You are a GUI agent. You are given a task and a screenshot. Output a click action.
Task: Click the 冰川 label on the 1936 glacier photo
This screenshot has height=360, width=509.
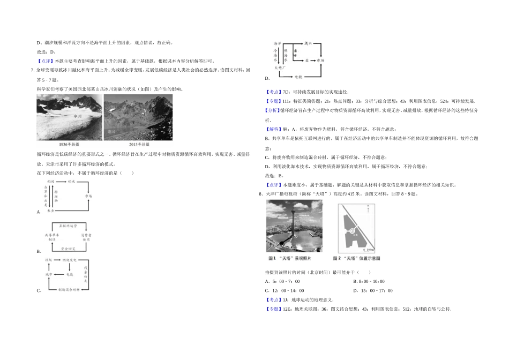[x=78, y=116]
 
